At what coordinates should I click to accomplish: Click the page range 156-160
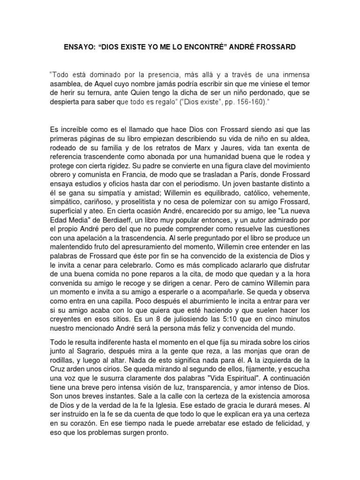pyautogui.click(x=253, y=102)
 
